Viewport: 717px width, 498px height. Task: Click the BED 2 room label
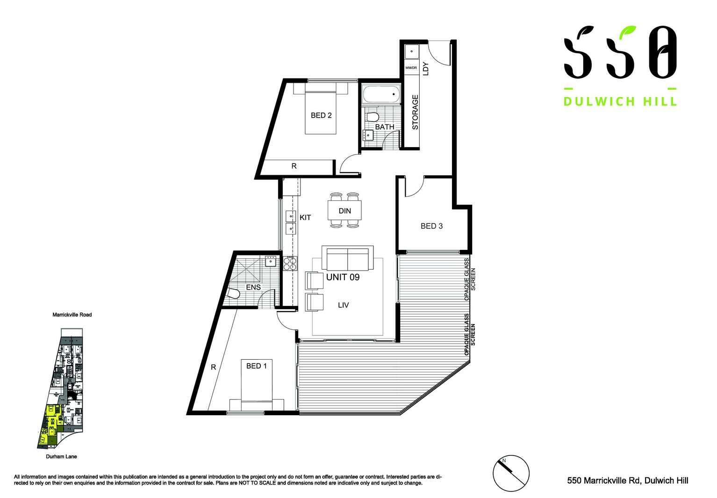pos(321,115)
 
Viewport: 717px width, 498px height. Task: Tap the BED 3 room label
pos(431,226)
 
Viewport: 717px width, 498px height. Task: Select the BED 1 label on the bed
pos(256,366)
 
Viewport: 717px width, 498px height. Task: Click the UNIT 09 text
pos(343,277)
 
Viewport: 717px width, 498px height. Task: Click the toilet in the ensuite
pos(232,293)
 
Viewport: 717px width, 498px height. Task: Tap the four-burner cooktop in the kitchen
pos(290,264)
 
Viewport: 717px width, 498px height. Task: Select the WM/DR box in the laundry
pos(411,68)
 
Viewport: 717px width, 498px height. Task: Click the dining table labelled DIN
pos(344,211)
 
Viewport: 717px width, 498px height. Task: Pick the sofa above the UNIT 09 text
pos(347,258)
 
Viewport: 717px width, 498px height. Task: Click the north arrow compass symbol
pos(511,473)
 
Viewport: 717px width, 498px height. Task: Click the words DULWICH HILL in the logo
pos(620,101)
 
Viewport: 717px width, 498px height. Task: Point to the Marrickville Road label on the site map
pos(72,315)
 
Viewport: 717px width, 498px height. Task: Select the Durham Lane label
pos(61,456)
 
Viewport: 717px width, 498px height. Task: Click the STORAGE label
pos(415,112)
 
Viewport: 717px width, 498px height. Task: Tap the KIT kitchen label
pos(305,218)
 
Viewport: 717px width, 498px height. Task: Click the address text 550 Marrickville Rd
pos(627,480)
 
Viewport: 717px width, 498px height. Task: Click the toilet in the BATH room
pos(373,116)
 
